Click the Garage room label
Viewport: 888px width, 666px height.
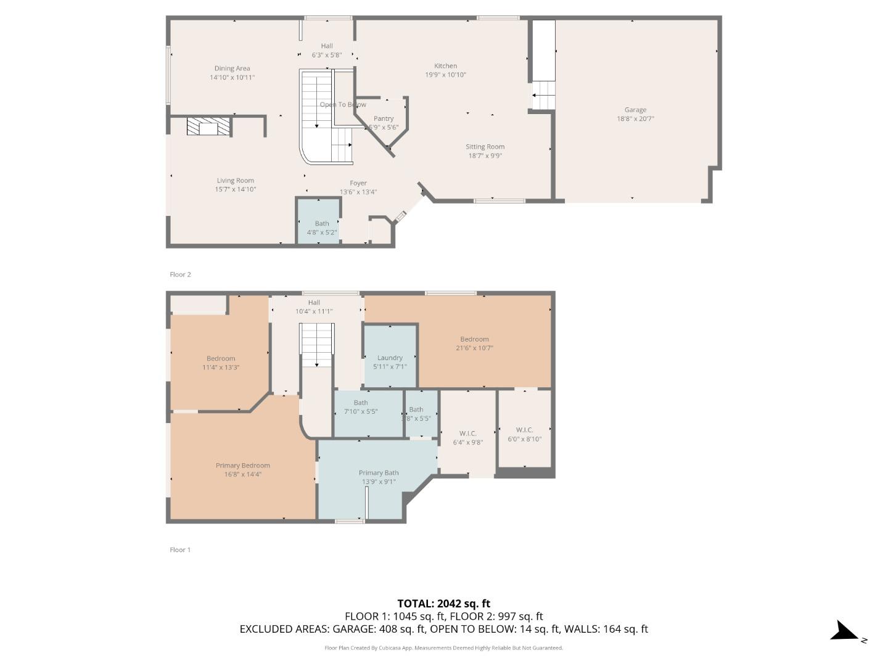[635, 110]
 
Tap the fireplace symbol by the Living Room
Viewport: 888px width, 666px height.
[208, 127]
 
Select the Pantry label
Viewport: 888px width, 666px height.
[384, 118]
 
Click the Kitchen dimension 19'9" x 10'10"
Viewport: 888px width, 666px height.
[445, 75]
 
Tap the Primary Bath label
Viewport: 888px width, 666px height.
[379, 473]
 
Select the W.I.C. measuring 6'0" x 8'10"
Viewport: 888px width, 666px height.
[524, 434]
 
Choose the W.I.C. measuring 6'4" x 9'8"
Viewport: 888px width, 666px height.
[468, 438]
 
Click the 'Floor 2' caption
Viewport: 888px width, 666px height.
[180, 274]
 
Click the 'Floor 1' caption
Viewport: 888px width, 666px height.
[180, 549]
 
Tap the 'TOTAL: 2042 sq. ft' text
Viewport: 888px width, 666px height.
[443, 604]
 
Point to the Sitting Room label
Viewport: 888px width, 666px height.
[485, 147]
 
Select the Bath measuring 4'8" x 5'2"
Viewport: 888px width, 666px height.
[322, 228]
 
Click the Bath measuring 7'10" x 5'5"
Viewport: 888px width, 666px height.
[361, 407]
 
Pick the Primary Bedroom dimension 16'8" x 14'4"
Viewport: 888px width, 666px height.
[243, 474]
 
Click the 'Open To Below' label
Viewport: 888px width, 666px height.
[343, 105]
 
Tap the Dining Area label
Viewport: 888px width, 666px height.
[232, 68]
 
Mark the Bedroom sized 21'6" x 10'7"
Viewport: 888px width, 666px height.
[474, 343]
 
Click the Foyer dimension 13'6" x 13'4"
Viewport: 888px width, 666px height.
[358, 192]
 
